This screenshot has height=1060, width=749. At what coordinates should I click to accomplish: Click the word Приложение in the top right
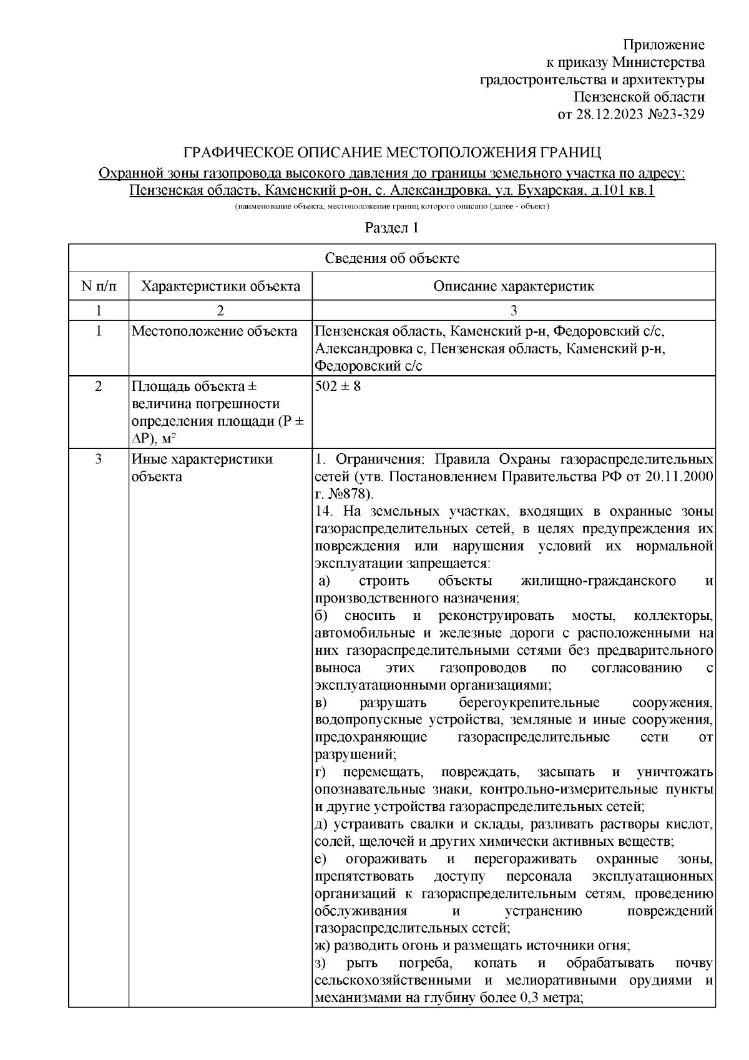(664, 45)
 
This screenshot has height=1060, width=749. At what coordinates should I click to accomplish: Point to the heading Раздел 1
(391, 228)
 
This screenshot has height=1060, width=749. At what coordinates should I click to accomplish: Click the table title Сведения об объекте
(391, 258)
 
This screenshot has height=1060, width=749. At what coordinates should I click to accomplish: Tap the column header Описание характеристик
(513, 287)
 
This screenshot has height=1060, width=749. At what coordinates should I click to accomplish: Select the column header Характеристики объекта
(220, 287)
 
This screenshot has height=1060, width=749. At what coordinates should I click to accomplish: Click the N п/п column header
(98, 287)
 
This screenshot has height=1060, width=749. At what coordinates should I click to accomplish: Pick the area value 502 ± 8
(338, 386)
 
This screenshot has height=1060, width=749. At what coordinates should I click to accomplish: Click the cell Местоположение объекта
(214, 331)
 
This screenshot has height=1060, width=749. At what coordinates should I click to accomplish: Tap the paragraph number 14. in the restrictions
(325, 512)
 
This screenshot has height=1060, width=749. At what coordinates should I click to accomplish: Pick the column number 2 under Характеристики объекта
(220, 310)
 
